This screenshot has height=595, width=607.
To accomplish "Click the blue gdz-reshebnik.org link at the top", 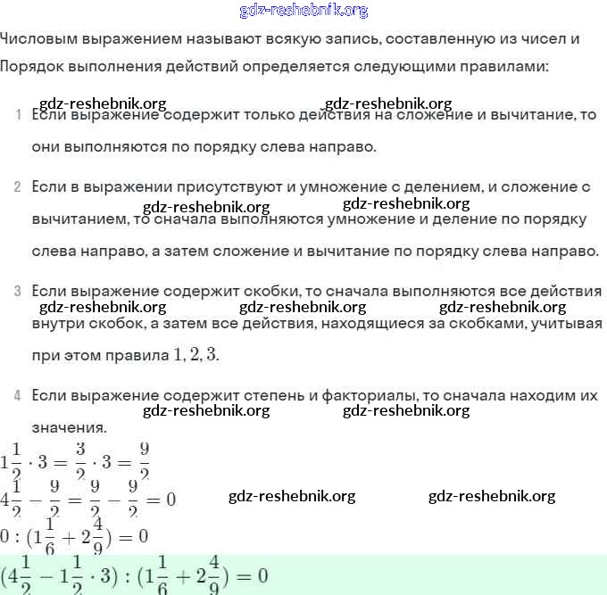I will tap(303, 11).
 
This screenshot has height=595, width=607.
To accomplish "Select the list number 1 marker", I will tap(18, 116).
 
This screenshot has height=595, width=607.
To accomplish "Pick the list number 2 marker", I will tap(18, 187).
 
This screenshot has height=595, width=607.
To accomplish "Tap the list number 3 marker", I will tap(18, 291).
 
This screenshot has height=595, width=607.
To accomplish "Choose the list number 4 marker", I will tap(18, 394).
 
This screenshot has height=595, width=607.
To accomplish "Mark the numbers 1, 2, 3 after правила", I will tap(195, 354).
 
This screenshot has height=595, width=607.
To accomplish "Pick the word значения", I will tap(68, 426).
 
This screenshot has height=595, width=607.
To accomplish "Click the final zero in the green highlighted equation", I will tap(262, 574).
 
